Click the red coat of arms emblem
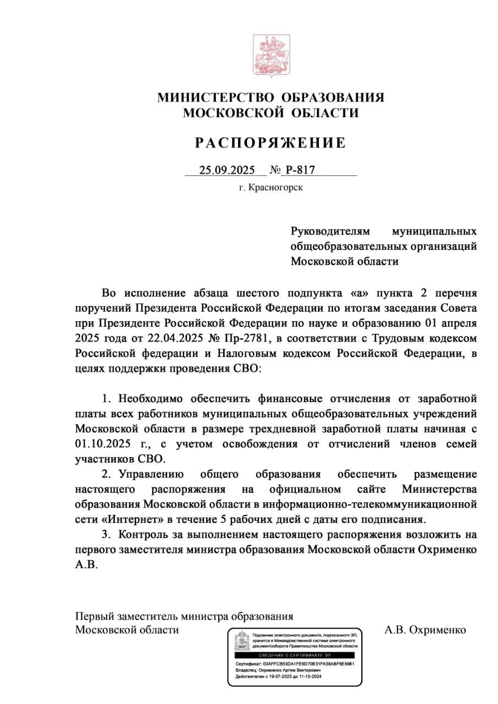tap(270, 55)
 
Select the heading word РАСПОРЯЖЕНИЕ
tap(270, 143)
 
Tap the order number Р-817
tap(301, 169)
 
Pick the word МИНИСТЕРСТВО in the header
tap(217, 98)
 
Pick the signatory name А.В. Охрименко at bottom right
tap(425, 630)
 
